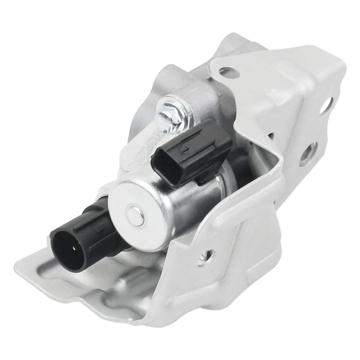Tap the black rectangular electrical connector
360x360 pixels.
point(191,152)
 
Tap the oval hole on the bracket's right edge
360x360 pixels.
point(325,105)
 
